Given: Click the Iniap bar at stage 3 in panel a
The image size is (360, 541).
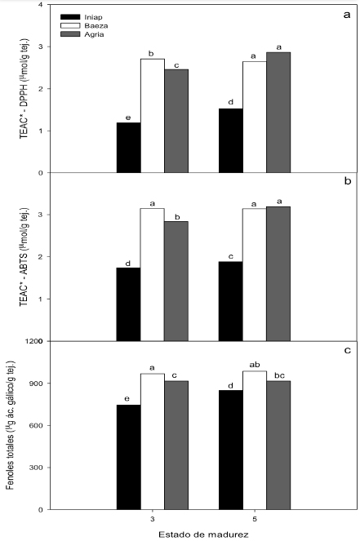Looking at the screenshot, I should pos(128,148).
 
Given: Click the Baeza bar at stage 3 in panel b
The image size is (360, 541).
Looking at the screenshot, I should pos(153,274).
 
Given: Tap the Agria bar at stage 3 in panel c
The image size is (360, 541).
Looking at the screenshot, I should pos(177,445).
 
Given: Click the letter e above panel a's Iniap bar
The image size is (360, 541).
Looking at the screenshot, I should pos(128,117).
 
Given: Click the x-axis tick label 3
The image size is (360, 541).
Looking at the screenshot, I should pos(153,518).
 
